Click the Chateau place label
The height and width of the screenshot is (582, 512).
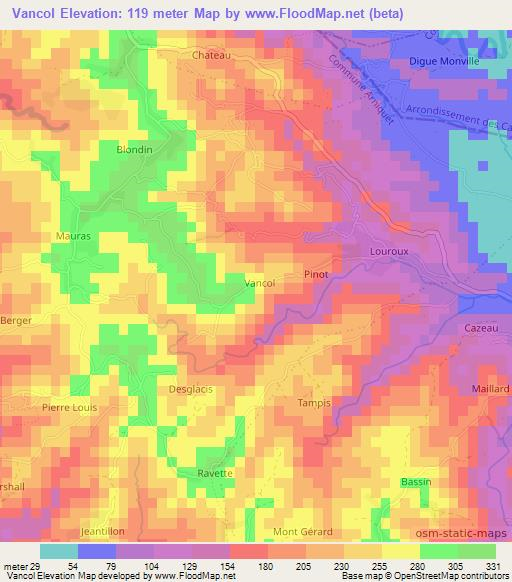click(211, 56)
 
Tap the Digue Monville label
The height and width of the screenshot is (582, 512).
click(445, 61)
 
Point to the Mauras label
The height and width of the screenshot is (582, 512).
click(73, 235)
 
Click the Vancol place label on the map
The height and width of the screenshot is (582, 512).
click(260, 284)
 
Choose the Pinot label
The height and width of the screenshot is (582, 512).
click(316, 272)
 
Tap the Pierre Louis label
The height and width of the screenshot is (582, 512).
click(67, 408)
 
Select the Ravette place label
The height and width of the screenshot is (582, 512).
click(214, 473)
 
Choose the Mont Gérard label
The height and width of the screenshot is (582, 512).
click(303, 531)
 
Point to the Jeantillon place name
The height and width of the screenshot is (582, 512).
click(105, 532)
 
